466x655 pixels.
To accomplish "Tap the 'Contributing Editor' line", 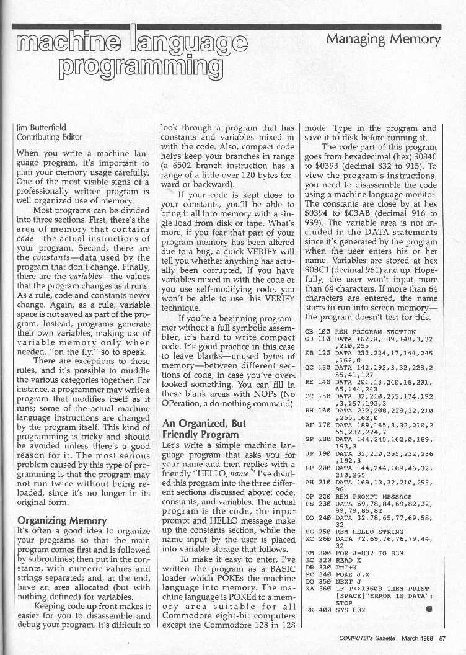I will click(49, 137).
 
